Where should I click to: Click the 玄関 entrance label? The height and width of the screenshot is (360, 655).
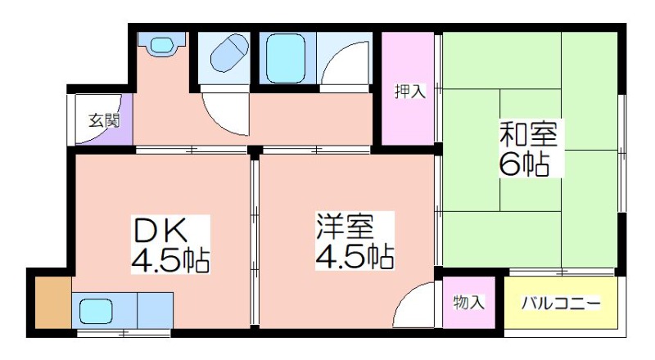[104, 121]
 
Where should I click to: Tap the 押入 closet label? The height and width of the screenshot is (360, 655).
[410, 91]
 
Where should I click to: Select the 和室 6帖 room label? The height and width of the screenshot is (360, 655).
[528, 148]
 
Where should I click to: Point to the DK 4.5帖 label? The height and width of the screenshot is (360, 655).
[170, 245]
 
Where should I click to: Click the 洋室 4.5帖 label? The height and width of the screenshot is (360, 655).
[355, 241]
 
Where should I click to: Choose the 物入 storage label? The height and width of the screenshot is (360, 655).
[469, 302]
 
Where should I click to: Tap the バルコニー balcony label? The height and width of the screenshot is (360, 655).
[561, 303]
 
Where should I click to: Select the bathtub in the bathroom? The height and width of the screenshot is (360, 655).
[286, 58]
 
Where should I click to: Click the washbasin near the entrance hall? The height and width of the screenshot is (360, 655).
[161, 44]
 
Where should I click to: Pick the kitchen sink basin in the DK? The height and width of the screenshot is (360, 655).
[96, 310]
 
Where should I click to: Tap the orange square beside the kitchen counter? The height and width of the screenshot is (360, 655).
[53, 303]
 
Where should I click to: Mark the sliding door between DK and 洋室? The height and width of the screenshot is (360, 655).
[254, 239]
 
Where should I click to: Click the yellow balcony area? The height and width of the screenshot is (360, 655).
[561, 303]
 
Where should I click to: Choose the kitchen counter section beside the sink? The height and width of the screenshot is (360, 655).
[155, 310]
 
